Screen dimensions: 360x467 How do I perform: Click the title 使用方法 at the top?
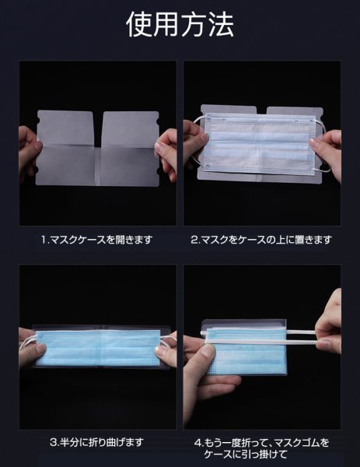180,25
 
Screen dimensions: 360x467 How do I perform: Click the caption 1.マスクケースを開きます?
97,240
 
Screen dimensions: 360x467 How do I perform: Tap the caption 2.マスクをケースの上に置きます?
261,240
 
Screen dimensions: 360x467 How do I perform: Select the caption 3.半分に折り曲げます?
97,442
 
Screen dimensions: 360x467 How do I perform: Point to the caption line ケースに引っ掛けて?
246,455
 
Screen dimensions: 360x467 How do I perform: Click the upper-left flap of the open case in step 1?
66,128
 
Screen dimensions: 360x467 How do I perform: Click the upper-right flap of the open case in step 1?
131,128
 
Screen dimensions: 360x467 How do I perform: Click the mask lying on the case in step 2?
260,144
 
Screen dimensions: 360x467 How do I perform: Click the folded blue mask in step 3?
100,348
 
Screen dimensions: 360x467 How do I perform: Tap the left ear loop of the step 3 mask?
27,342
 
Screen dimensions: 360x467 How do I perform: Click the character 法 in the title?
221,25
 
